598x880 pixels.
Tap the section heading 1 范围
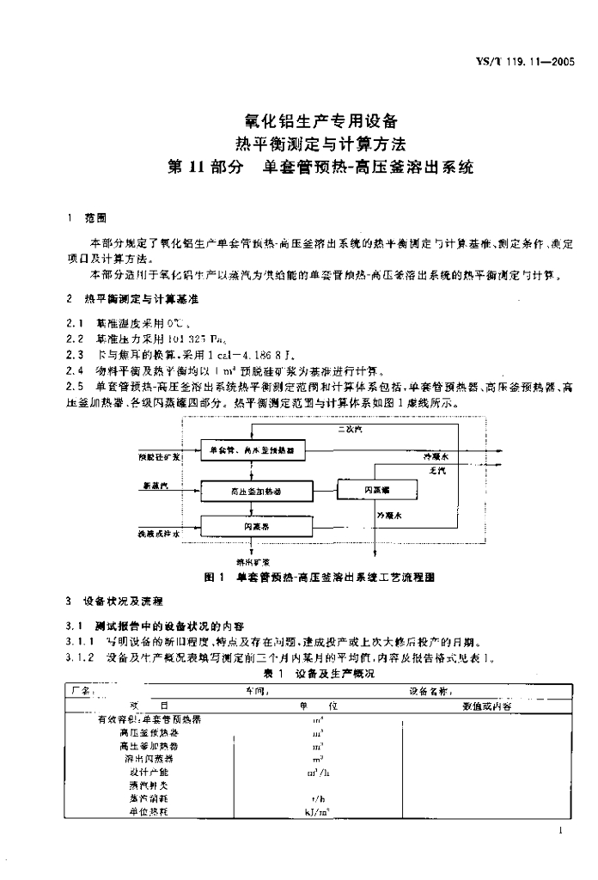pyautogui.click(x=82, y=217)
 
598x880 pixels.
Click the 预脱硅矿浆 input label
pyautogui.click(x=159, y=456)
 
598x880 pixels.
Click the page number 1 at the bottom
pyautogui.click(x=560, y=831)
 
